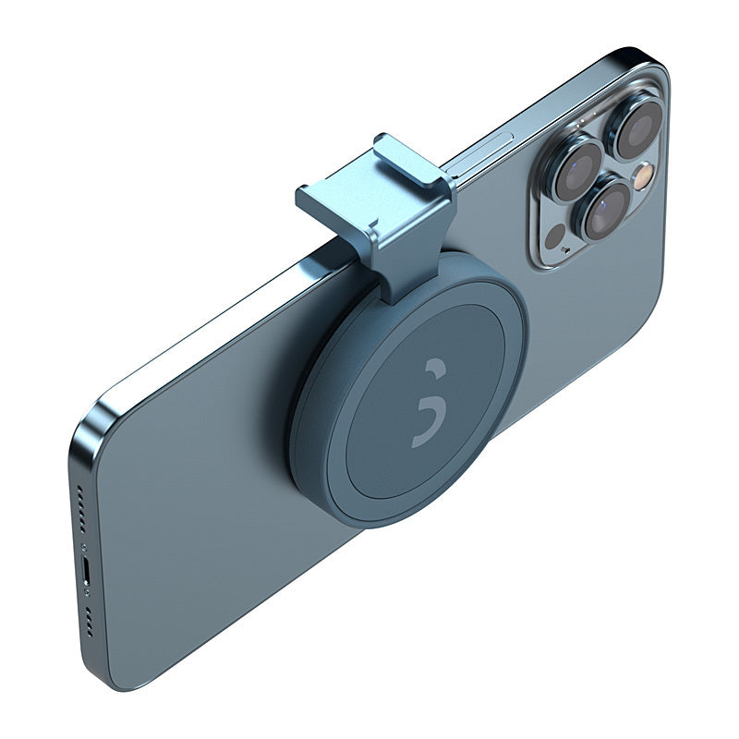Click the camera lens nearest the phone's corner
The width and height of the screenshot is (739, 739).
click(638, 127)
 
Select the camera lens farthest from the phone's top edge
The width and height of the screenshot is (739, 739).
click(605, 209)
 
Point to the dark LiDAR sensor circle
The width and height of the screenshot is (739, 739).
click(555, 236)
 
